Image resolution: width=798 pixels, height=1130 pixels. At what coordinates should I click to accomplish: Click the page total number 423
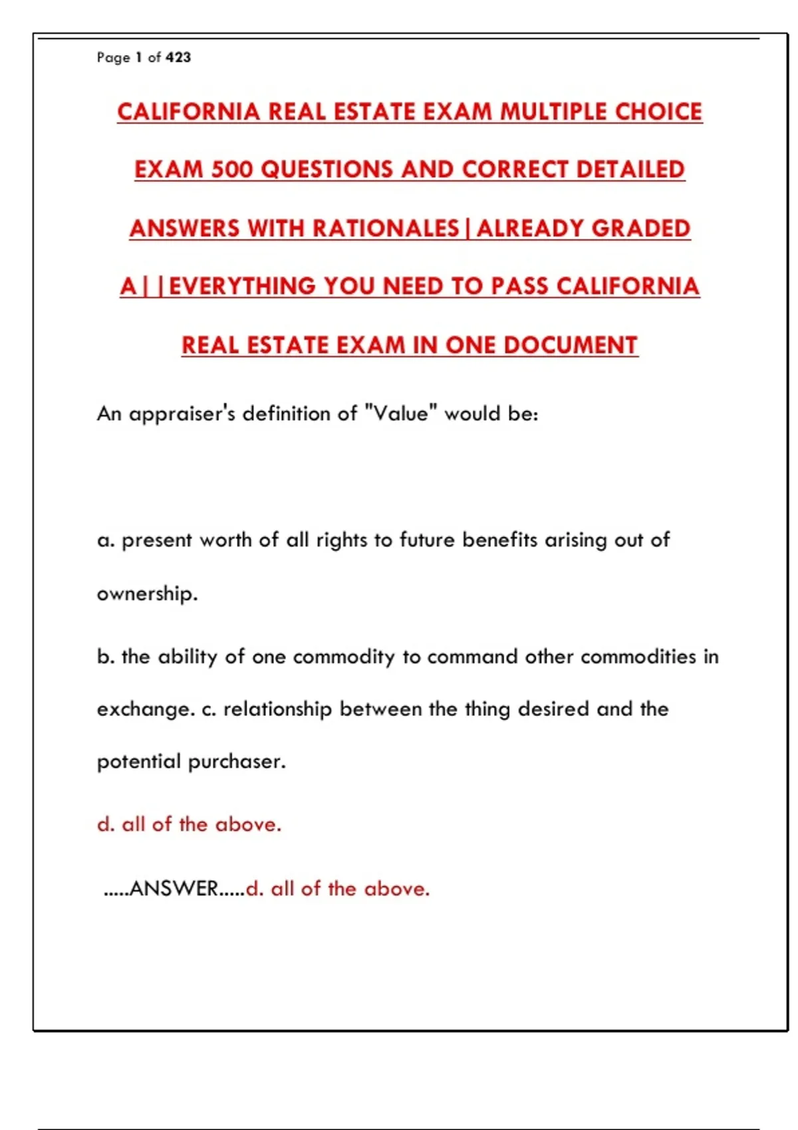178,58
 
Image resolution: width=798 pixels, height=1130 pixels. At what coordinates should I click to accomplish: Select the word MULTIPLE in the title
553,112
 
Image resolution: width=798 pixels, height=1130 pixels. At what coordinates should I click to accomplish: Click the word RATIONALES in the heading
386,229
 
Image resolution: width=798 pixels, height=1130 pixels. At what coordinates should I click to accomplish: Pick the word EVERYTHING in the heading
242,286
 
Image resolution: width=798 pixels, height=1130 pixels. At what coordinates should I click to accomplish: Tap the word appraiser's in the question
182,414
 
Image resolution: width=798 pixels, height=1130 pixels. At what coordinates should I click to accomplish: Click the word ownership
147,594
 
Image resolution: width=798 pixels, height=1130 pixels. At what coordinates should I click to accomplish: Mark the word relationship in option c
277,709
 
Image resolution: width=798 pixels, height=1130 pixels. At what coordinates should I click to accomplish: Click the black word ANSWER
174,889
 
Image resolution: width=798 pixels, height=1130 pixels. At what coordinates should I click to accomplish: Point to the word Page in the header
113,58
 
